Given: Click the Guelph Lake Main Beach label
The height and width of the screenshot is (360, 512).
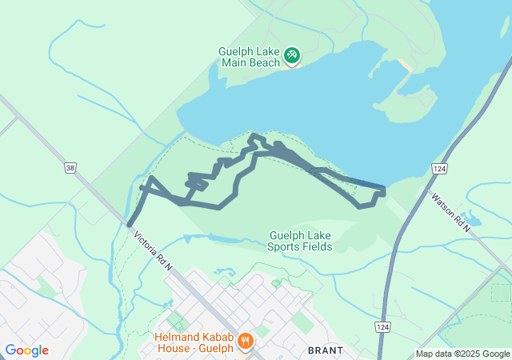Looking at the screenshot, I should [250, 57].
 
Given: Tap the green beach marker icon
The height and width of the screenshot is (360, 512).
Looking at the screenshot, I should [292, 55].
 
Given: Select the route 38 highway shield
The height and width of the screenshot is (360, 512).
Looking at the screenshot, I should [70, 168].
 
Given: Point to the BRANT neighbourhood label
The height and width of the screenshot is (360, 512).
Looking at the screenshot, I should [326, 350].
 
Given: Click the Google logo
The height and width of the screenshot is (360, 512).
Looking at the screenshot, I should [26, 350].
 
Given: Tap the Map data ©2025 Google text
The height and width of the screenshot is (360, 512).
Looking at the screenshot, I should [462, 354].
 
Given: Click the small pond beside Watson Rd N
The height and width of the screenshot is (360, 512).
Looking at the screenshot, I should [471, 218].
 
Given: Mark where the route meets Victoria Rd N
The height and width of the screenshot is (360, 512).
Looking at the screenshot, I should [129, 225].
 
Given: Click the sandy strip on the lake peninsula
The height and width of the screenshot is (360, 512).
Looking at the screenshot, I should [404, 65].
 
